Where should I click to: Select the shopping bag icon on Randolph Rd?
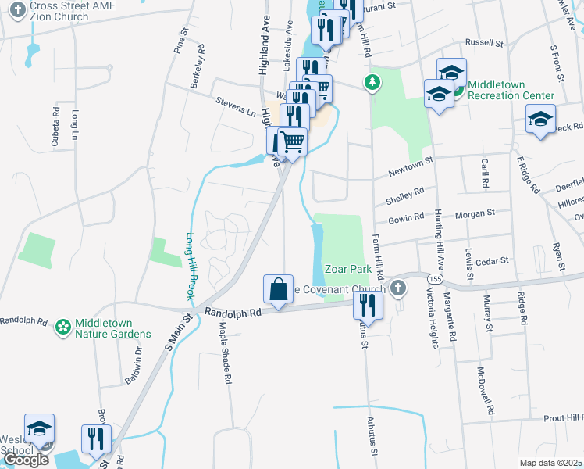pyautogui.click(x=279, y=290)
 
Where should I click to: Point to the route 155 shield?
pyautogui.click(x=435, y=278)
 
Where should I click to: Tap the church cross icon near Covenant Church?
pyautogui.click(x=398, y=288)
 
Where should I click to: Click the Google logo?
pyautogui.click(x=26, y=459)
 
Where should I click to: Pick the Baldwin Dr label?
pyautogui.click(x=134, y=365)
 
